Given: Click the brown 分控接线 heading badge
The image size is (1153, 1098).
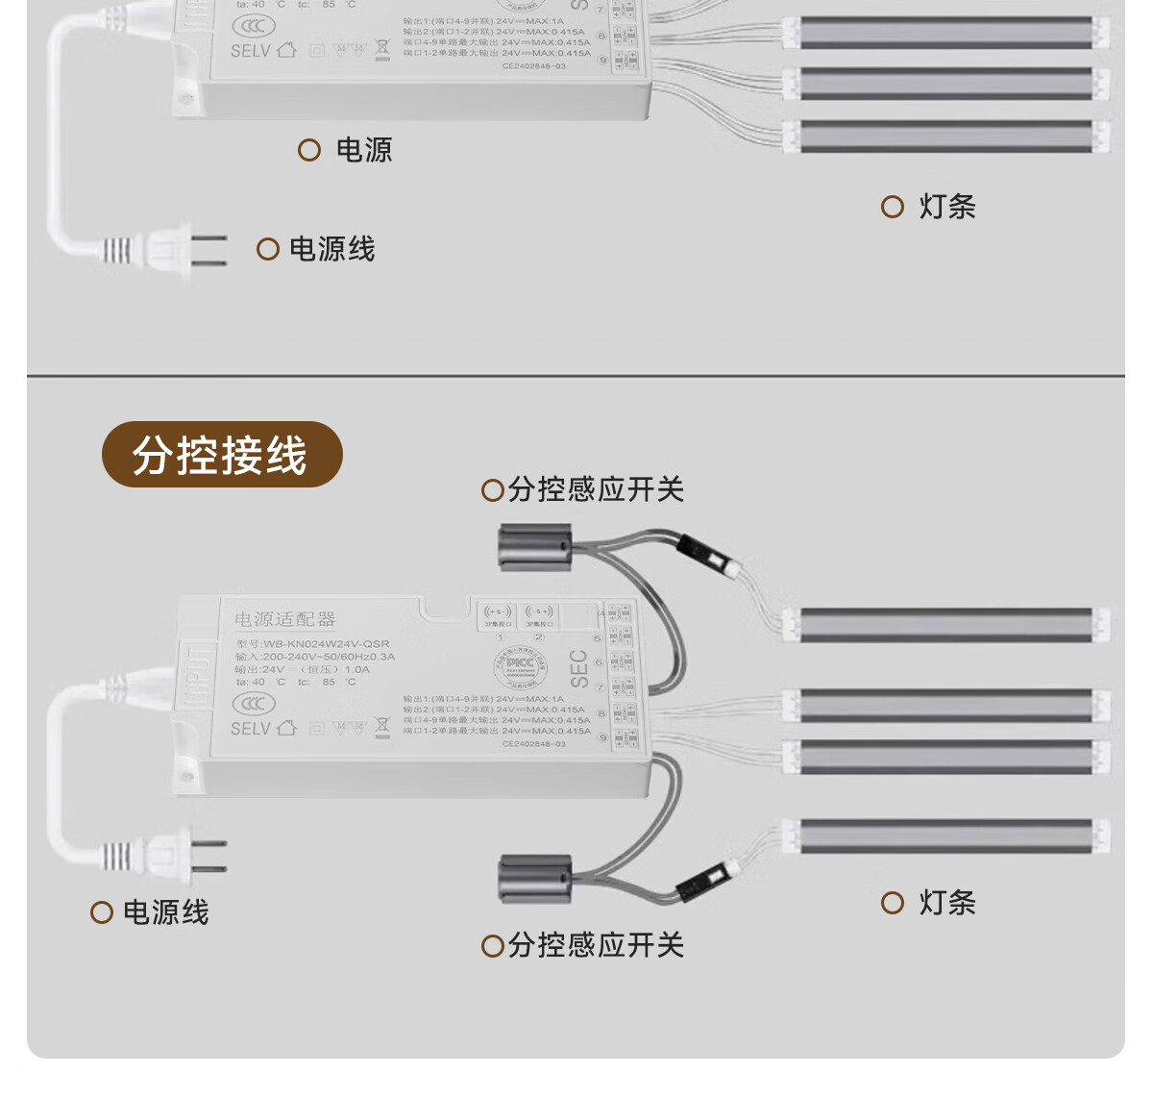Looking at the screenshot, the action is pyautogui.click(x=222, y=455).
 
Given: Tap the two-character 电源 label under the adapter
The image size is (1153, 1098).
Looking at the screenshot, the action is pyautogui.click(x=363, y=150).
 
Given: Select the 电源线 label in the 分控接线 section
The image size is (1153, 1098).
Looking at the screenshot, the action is pyautogui.click(x=165, y=912).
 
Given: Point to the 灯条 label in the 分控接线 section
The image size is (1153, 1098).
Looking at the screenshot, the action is pyautogui.click(x=946, y=903).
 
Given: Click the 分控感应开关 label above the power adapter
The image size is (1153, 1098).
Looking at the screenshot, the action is pyautogui.click(x=596, y=490).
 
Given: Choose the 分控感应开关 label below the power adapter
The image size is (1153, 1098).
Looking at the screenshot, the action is pyautogui.click(x=596, y=946).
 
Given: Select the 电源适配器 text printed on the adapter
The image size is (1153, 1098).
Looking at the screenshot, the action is pyautogui.click(x=285, y=619).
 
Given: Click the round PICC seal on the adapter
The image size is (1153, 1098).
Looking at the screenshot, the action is pyautogui.click(x=520, y=664).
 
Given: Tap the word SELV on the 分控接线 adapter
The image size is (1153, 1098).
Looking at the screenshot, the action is pyautogui.click(x=250, y=729).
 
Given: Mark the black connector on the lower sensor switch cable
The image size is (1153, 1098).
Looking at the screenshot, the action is pyautogui.click(x=701, y=881).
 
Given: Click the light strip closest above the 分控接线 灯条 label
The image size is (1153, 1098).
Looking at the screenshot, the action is pyautogui.click(x=946, y=836).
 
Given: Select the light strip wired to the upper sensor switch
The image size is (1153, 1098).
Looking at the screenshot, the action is pyautogui.click(x=946, y=625).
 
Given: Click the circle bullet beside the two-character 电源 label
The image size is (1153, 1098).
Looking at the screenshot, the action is pyautogui.click(x=309, y=150).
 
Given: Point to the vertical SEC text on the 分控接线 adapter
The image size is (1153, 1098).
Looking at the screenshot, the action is pyautogui.click(x=578, y=668).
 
